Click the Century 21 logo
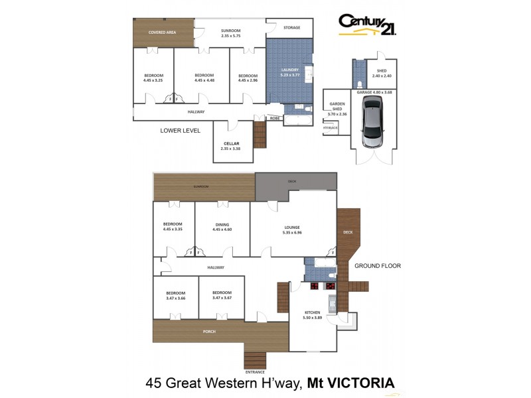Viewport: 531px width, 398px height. click(x=367, y=25)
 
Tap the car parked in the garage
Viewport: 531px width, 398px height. click(x=372, y=123)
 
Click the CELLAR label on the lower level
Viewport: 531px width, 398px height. click(x=230, y=146)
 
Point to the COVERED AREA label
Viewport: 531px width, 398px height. click(x=162, y=32)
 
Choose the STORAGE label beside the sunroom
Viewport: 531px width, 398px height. click(x=291, y=27)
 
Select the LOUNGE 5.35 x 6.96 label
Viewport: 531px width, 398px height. click(x=292, y=230)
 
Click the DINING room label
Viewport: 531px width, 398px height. click(x=222, y=227)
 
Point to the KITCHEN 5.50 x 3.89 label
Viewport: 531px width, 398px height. click(x=312, y=314)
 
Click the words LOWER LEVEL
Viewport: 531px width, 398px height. click(x=181, y=131)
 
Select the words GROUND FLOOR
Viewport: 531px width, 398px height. click(x=377, y=266)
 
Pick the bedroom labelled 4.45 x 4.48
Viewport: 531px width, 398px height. click(x=204, y=78)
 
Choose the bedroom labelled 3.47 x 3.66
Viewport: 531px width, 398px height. click(x=175, y=295)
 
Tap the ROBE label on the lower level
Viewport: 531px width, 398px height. click(x=273, y=117)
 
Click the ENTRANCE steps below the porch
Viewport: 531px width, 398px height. click(x=254, y=360)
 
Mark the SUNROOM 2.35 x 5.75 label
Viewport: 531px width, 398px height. click(x=230, y=34)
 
